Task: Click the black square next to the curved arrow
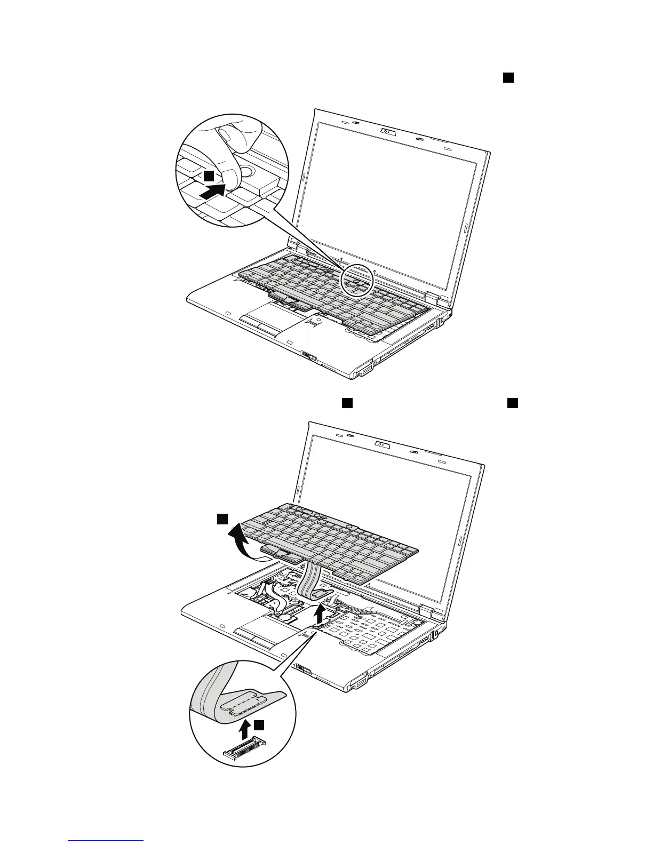point(222,519)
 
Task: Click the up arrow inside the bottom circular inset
point(245,728)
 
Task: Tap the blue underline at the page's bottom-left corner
point(106,840)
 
